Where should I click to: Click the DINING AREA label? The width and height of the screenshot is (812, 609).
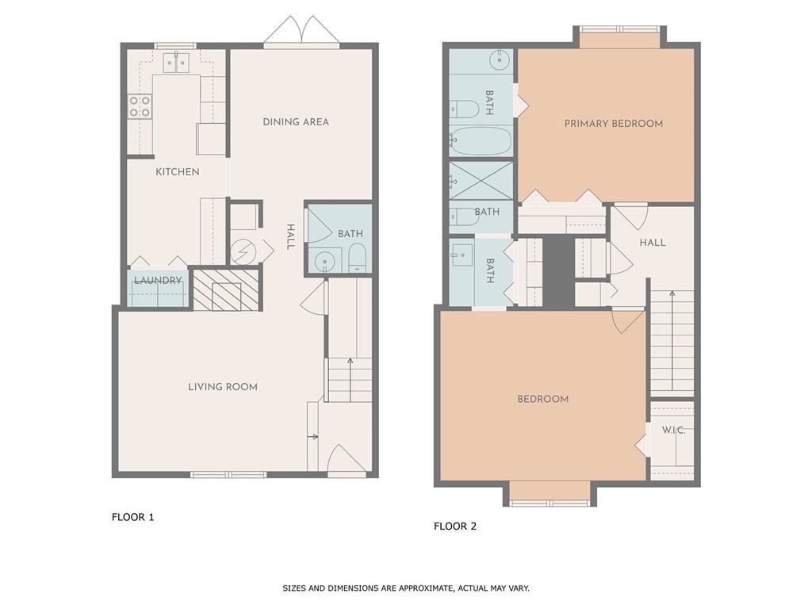296,122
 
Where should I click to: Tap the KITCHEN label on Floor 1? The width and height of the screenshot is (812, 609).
177,172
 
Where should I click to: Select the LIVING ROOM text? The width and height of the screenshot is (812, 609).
223,387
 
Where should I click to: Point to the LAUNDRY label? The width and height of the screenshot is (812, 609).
158,281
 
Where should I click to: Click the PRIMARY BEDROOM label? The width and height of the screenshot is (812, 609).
614,124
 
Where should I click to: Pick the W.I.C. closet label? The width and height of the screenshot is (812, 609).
674,430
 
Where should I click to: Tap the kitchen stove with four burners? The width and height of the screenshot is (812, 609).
140,107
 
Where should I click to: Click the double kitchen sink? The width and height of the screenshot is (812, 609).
176,61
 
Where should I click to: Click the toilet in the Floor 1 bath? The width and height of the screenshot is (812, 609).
357,258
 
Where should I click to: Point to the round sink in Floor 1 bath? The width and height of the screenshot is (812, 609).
323,261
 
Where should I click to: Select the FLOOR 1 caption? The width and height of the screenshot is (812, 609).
132,517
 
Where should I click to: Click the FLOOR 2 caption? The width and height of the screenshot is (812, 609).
455,526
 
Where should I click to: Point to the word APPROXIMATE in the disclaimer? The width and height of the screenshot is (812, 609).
425,588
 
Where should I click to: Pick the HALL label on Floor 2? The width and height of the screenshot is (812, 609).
653,243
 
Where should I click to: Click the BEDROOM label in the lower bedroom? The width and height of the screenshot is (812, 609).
543,399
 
